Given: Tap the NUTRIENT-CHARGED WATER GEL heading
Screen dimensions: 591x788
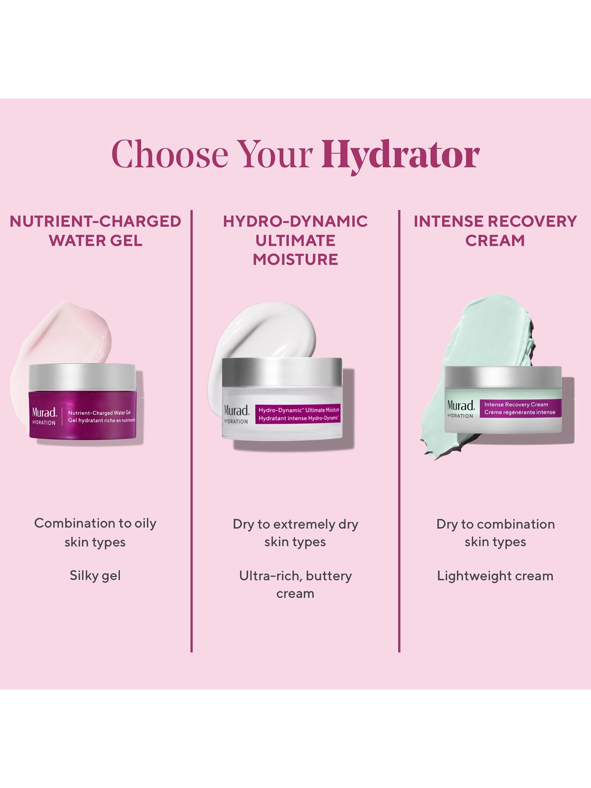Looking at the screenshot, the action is (x=95, y=231).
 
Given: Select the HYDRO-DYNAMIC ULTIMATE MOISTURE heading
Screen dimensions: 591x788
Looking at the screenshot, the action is (x=295, y=240).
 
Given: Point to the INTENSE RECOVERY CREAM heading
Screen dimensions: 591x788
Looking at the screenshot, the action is (x=495, y=231).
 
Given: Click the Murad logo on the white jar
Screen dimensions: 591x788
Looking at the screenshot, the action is (x=236, y=410).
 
